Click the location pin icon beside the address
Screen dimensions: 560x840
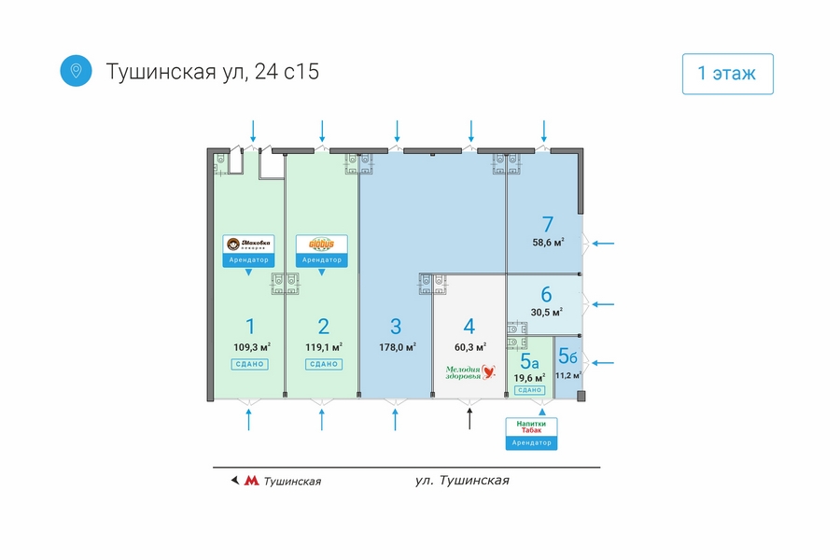[x=76, y=71]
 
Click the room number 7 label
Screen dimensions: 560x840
[x=548, y=224]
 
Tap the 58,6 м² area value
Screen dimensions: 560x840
[x=548, y=243]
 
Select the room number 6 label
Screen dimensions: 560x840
[x=546, y=294]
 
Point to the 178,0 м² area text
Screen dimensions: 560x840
[x=396, y=347]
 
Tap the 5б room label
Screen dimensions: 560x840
[x=567, y=356]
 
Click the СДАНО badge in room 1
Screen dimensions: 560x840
[x=249, y=364]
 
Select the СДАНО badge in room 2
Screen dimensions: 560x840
[x=323, y=364]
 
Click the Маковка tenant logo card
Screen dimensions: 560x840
[x=249, y=247]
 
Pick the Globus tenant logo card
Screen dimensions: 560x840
[x=322, y=247]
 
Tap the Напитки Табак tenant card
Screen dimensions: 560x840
[x=531, y=432]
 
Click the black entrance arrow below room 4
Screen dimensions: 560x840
[x=469, y=418]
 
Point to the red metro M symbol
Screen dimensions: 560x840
[x=251, y=482]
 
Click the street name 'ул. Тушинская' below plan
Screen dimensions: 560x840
[x=462, y=481]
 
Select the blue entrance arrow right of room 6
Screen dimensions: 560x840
[x=604, y=304]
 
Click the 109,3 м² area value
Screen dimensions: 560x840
[x=250, y=347]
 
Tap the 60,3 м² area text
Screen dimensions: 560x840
[x=469, y=347]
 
